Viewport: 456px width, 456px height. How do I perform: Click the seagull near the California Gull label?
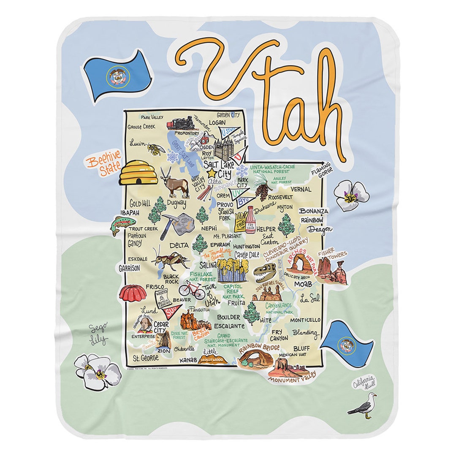(363, 406)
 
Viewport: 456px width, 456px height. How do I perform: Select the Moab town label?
(303, 284)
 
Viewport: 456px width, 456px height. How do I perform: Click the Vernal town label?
(301, 189)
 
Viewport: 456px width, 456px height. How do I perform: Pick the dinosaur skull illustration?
(265, 273)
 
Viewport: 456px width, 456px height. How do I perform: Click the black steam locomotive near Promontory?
(182, 123)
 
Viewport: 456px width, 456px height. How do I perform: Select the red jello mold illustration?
(129, 293)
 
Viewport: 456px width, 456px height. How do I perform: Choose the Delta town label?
(179, 245)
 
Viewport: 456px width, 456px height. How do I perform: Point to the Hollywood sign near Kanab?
(212, 360)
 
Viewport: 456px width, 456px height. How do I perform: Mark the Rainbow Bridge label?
(259, 348)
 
